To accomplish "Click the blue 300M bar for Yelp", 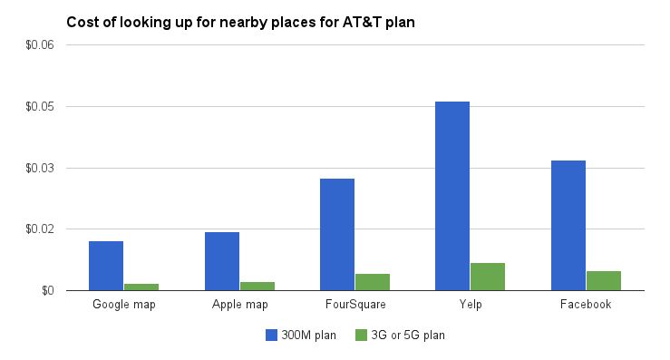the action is click(x=452, y=196).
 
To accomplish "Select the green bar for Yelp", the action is click(x=488, y=277).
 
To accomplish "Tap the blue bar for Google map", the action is click(x=106, y=266).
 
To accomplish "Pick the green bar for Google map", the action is click(x=141, y=287).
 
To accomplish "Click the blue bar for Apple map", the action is click(x=222, y=262).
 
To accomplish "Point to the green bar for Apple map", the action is click(x=257, y=287).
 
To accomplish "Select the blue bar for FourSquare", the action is click(x=337, y=235).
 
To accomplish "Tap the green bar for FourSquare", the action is click(x=373, y=282).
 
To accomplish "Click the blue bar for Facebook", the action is click(x=568, y=226).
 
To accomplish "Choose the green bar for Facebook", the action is click(x=604, y=281).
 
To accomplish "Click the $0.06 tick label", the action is click(x=40, y=45).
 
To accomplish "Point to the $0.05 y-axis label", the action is click(x=40, y=106).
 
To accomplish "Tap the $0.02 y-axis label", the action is click(x=40, y=229).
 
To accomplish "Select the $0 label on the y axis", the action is click(x=48, y=291).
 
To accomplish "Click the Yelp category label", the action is click(x=471, y=305).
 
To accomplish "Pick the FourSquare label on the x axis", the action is click(x=355, y=305).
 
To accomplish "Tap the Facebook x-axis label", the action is click(x=586, y=305).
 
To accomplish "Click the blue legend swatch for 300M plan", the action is click(x=271, y=336).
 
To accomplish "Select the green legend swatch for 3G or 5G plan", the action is click(x=361, y=336).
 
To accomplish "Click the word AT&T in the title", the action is click(x=362, y=23).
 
